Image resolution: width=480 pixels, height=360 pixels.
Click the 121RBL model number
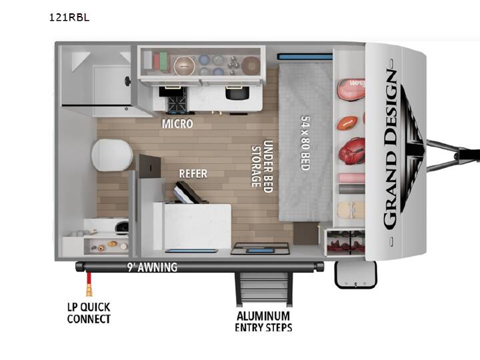coord(69,17)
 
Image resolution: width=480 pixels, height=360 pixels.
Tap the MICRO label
coord(177,124)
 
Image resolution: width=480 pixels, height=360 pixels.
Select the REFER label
coord(193,173)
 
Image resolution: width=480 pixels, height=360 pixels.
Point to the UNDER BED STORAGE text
coord(262,166)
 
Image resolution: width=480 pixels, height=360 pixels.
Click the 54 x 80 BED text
coord(305,143)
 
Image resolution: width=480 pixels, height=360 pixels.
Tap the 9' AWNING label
coord(153,267)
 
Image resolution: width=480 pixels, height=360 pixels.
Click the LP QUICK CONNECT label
coord(89,313)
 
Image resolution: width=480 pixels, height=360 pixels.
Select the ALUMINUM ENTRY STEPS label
coord(263,321)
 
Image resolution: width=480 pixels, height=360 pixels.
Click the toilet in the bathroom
coord(111,155)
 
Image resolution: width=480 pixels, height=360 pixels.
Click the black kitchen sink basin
coord(237,93)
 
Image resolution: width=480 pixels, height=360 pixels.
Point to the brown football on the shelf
coord(347,123)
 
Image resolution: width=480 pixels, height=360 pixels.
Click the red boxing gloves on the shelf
coord(352,151)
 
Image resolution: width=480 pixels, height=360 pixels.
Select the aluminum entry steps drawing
coord(263,289)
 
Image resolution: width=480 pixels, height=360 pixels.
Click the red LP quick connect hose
coord(89,284)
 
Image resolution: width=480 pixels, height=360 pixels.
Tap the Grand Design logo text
coord(390,149)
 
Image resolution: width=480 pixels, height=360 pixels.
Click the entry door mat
coord(260,248)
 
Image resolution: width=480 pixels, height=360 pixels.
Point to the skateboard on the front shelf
coord(351,210)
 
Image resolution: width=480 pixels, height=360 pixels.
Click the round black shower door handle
coord(127,81)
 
